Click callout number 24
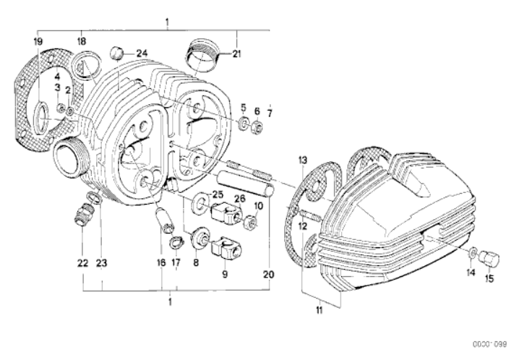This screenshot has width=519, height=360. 142,53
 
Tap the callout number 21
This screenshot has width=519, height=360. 236,53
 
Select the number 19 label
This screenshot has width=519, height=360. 38,41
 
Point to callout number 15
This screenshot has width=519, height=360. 489,278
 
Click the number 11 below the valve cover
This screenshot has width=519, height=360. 319,310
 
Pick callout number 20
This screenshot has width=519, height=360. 269,274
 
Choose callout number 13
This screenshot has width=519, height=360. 303,160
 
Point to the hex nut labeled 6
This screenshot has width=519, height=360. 257,127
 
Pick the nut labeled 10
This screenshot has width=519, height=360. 250,222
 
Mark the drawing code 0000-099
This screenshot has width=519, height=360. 489,345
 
